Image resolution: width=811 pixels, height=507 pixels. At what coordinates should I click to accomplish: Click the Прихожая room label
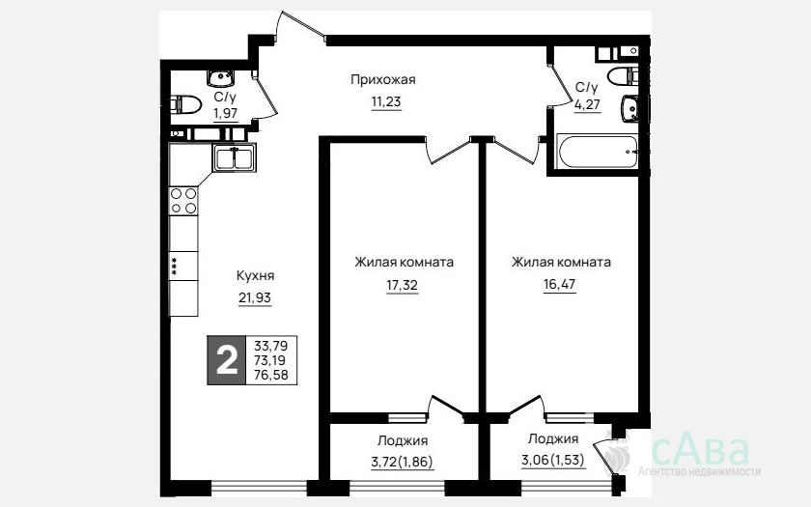coord(382,79)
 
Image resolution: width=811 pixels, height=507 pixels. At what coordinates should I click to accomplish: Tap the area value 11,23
coord(386,102)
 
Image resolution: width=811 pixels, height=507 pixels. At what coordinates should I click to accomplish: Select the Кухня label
coord(255,276)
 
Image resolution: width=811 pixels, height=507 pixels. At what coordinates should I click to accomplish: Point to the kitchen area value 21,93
coord(255,298)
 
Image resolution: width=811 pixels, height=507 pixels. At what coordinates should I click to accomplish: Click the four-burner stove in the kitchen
coord(183,201)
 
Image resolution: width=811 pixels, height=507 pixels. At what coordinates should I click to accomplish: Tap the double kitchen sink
coord(234,157)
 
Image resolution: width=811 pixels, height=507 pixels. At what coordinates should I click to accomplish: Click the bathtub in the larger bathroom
coord(598,152)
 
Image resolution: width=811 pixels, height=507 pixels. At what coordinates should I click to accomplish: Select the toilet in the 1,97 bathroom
coord(185,105)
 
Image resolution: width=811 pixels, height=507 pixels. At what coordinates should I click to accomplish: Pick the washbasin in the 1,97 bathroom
coord(221,78)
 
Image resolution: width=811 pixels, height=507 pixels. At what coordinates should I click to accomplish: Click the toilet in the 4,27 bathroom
coord(623,76)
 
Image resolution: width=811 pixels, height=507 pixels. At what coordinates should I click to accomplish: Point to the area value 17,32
coord(402,285)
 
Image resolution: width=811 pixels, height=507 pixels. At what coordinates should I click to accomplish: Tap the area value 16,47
coord(559,284)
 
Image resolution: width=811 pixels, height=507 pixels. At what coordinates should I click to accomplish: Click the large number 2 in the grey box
coord(227,360)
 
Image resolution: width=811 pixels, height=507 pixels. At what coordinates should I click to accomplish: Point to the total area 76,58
coord(271,375)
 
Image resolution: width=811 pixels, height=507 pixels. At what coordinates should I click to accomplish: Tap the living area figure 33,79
coord(271,345)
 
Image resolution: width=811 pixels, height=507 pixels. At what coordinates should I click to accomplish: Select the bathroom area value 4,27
coord(587,104)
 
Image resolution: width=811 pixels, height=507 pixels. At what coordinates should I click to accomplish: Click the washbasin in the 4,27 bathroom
coord(629,108)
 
